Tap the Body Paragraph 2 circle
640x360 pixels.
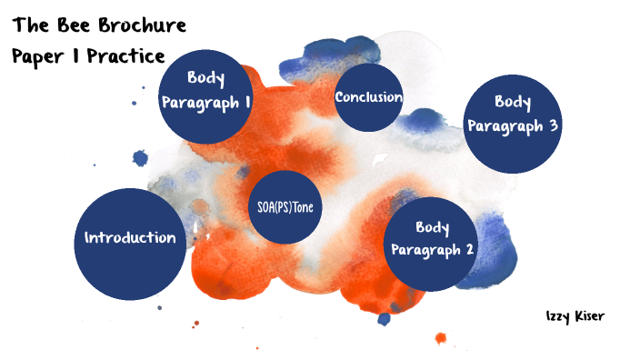(x=432, y=241)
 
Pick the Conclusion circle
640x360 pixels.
(x=369, y=97)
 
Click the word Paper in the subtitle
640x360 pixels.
(x=39, y=55)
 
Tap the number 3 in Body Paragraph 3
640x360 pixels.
(x=553, y=125)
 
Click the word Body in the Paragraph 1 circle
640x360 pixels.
(x=205, y=79)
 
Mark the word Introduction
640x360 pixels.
(x=130, y=238)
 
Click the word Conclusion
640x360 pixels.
(x=369, y=97)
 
